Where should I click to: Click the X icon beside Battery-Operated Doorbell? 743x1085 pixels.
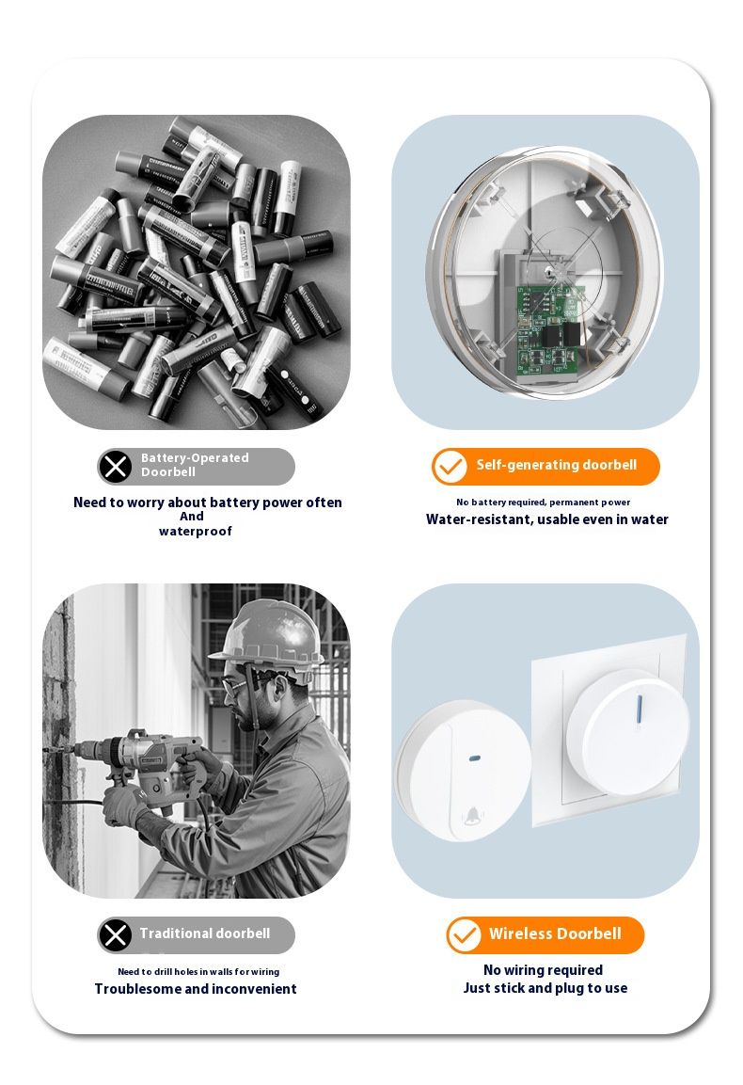tap(116, 467)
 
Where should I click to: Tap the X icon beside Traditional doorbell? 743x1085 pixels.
tap(116, 934)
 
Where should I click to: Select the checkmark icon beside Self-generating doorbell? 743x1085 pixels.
tap(450, 467)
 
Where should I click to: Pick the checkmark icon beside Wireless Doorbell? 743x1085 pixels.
tap(464, 934)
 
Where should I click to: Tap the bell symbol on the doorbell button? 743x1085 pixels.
tap(472, 816)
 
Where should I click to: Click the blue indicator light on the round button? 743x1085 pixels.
tap(475, 758)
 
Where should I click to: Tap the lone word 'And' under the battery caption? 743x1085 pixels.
tap(192, 517)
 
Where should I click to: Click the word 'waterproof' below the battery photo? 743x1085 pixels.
tap(196, 532)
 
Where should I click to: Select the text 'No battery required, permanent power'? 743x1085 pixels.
tap(543, 503)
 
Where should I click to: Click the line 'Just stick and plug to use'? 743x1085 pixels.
tap(545, 988)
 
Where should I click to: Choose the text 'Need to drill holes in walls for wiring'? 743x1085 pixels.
tap(198, 971)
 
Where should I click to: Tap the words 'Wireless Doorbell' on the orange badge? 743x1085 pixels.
tap(555, 933)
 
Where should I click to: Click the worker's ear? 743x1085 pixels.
tap(279, 688)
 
